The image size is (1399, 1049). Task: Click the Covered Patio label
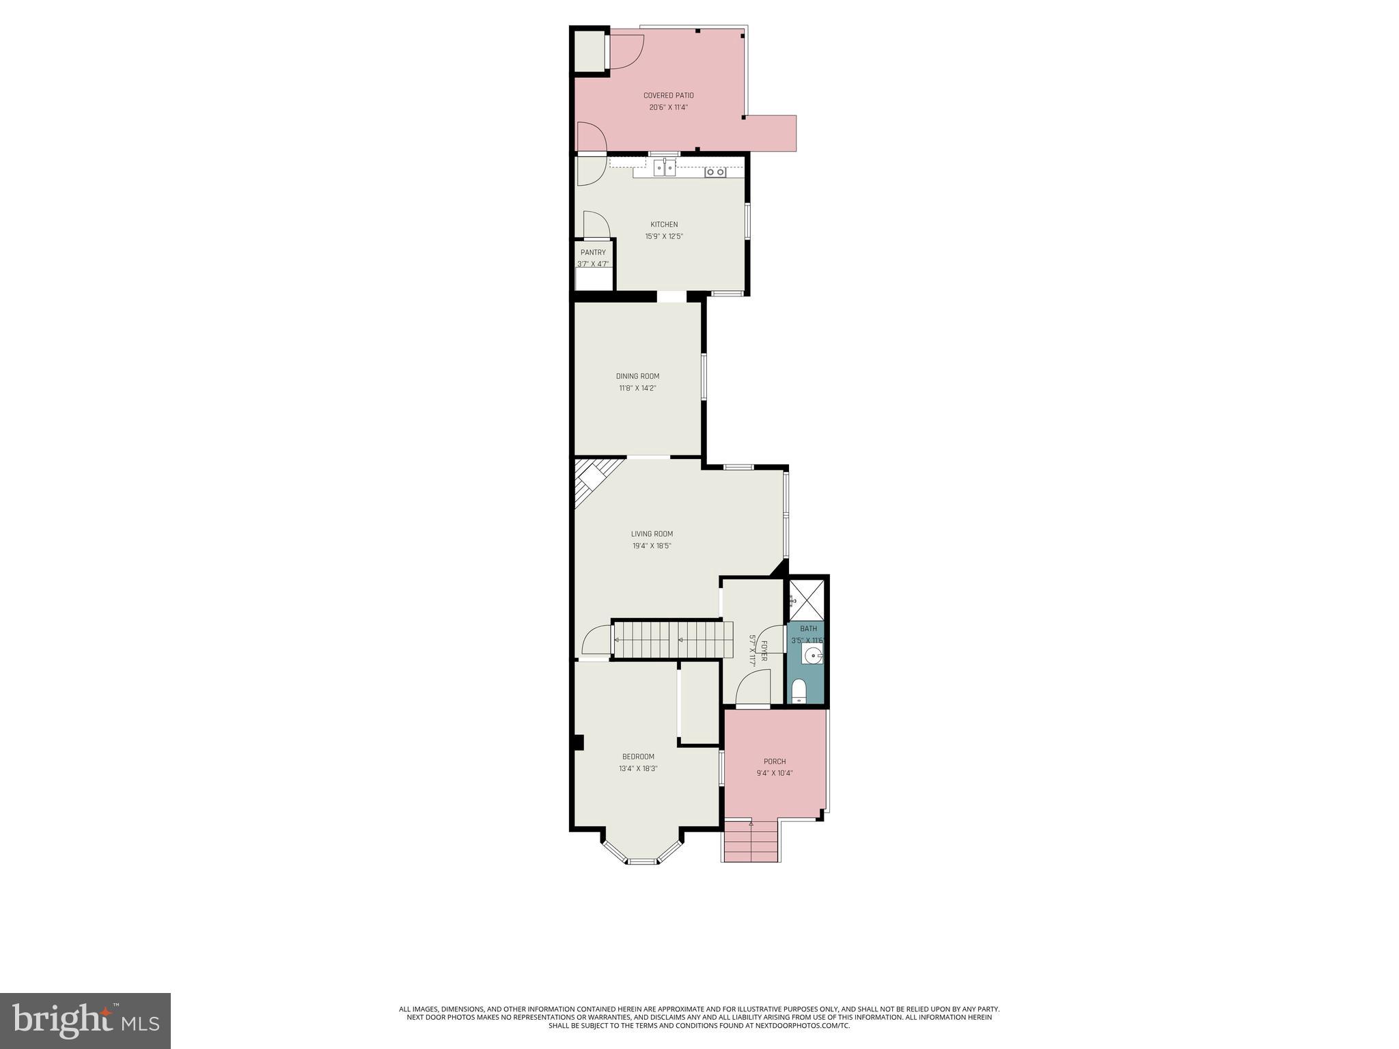[x=668, y=96]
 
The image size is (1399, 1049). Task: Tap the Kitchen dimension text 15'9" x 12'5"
[x=664, y=237]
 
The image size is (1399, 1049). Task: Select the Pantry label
[x=593, y=253]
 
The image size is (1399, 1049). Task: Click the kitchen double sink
[x=664, y=168]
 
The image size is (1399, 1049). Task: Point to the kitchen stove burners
[x=715, y=172]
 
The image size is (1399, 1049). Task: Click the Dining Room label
[x=637, y=376]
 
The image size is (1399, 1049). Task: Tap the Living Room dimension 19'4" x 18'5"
[x=652, y=546]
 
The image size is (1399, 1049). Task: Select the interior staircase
[x=669, y=640]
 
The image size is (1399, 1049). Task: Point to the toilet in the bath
[x=799, y=691]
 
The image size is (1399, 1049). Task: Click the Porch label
[x=775, y=761]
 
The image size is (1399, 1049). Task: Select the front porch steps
[x=751, y=841]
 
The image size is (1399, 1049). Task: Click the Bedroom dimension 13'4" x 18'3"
[x=638, y=768]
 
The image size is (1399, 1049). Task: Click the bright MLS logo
[x=85, y=1020]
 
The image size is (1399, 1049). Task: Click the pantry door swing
[x=596, y=225]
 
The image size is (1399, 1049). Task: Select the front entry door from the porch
[x=753, y=690]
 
